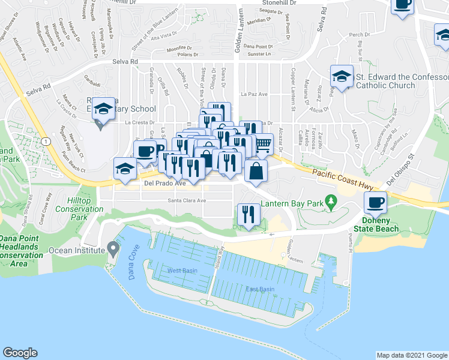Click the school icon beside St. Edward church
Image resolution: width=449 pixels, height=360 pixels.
pyautogui.click(x=342, y=77)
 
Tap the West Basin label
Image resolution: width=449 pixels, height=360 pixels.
pyautogui.click(x=182, y=271)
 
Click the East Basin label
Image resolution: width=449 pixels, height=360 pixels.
pyautogui.click(x=260, y=289)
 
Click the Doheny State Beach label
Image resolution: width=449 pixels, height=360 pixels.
pyautogui.click(x=378, y=224)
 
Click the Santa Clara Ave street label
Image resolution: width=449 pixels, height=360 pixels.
pyautogui.click(x=187, y=200)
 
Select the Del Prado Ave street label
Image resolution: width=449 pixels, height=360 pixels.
pyautogui.click(x=164, y=184)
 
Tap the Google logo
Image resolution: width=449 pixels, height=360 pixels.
pyautogui.click(x=20, y=353)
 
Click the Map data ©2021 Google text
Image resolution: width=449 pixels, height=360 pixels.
pyautogui.click(x=411, y=355)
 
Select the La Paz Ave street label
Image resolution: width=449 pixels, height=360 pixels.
pyautogui.click(x=254, y=94)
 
